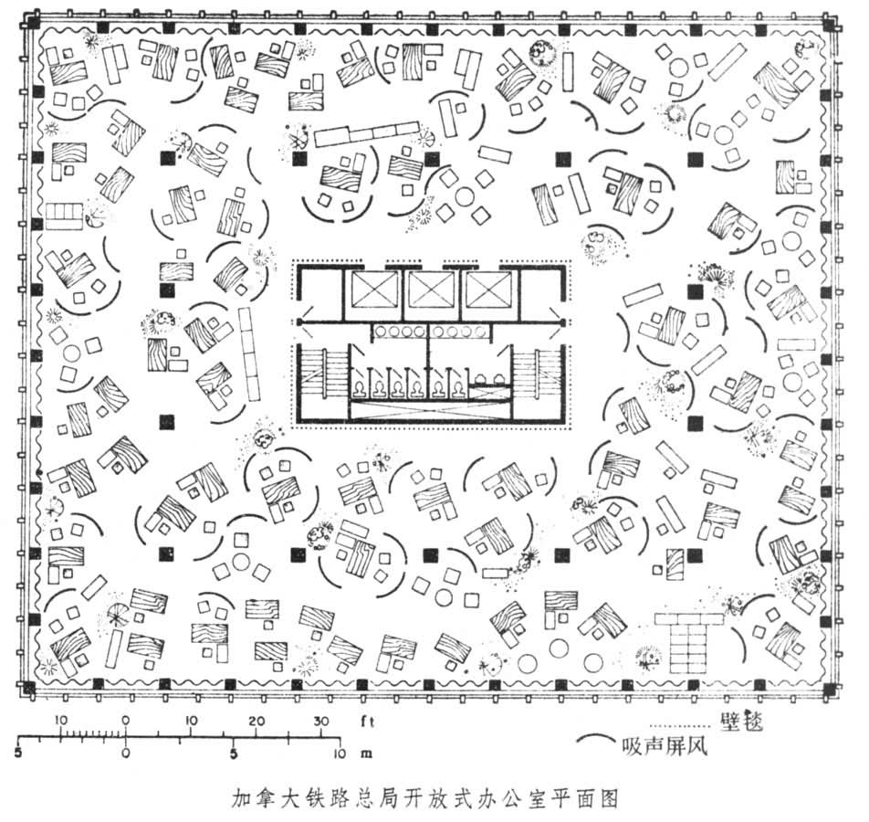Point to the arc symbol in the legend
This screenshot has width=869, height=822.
point(594,741)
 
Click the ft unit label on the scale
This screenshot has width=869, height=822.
point(368,722)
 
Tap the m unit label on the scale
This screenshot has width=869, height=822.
point(367,754)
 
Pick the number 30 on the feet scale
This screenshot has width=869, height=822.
point(320,722)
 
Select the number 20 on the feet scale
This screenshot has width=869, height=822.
point(257,722)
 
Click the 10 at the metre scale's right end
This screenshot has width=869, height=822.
point(339,754)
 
